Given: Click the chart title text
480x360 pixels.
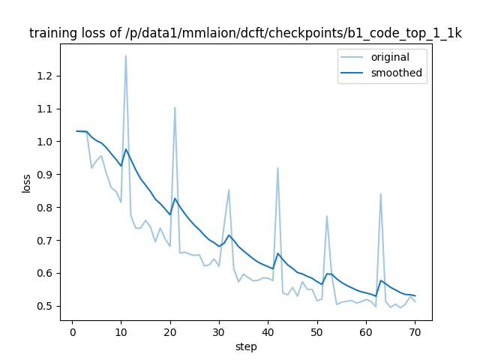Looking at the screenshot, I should pyautogui.click(x=245, y=34).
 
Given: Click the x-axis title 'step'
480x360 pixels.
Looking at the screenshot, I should pyautogui.click(x=246, y=346).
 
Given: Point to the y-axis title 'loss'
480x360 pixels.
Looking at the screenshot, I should pyautogui.click(x=26, y=182).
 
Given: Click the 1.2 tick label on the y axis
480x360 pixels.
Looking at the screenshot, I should pyautogui.click(x=44, y=76).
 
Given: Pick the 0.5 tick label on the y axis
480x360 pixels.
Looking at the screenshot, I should pyautogui.click(x=44, y=306).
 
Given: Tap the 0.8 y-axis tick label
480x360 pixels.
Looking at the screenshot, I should pyautogui.click(x=44, y=208).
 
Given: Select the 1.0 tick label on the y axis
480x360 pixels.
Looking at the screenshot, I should pyautogui.click(x=44, y=142).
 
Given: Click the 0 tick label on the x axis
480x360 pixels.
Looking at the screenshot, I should pyautogui.click(x=72, y=332).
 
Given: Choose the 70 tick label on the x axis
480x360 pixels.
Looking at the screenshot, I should pyautogui.click(x=415, y=332).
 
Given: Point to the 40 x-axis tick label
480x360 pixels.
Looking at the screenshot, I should pyautogui.click(x=268, y=332).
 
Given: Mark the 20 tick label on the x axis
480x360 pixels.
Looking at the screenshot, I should pyautogui.click(x=169, y=332).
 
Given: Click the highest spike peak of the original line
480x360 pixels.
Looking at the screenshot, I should pyautogui.click(x=125, y=55).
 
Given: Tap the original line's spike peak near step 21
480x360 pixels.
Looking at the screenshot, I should pyautogui.click(x=175, y=107).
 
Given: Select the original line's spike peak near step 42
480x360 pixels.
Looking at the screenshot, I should pyautogui.click(x=277, y=168).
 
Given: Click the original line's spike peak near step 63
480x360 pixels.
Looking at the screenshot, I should pyautogui.click(x=380, y=193).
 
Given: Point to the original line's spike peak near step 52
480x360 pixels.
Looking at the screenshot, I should pyautogui.click(x=327, y=216).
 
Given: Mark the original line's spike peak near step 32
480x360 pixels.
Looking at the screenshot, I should pyautogui.click(x=229, y=190).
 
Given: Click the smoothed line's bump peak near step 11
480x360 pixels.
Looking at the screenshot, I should pyautogui.click(x=125, y=149).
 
